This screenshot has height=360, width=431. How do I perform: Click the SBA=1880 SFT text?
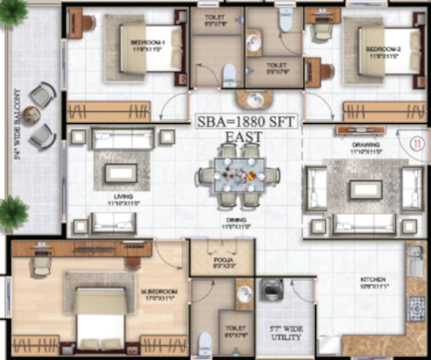(x=246, y=122)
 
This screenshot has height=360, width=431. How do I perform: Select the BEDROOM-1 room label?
(x=145, y=45)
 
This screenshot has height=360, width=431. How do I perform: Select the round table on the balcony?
(x=32, y=115)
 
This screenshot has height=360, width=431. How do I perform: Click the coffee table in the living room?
(x=121, y=172)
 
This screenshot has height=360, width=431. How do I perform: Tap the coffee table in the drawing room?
(x=366, y=189)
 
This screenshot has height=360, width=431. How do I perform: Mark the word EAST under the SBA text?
(x=244, y=137)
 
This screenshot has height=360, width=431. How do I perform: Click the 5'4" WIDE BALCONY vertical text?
(x=17, y=125)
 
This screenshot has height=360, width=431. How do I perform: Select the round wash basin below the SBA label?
(x=255, y=100)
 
